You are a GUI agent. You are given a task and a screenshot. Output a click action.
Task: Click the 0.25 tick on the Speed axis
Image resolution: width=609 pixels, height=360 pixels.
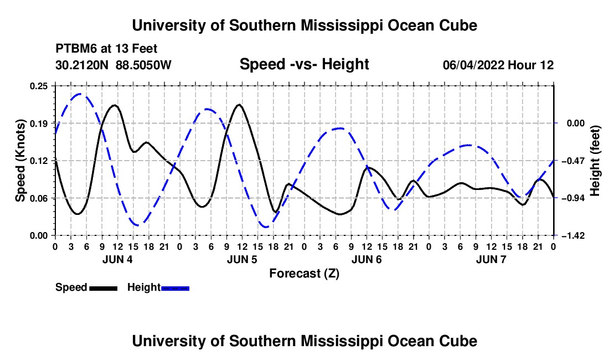pyautogui.click(x=39, y=86)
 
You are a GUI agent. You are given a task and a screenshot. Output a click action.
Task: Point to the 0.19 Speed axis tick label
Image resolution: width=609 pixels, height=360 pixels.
pyautogui.click(x=39, y=124)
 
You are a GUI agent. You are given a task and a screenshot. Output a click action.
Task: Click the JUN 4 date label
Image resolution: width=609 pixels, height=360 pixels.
pyautogui.click(x=117, y=259)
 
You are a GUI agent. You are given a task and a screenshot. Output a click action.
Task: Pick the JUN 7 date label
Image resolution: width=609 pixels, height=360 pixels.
pyautogui.click(x=491, y=259)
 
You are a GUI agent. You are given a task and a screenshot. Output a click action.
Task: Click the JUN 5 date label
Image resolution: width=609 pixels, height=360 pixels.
pyautogui.click(x=242, y=259)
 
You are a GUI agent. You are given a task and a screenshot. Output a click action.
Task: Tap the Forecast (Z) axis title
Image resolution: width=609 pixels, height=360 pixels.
pyautogui.click(x=304, y=274)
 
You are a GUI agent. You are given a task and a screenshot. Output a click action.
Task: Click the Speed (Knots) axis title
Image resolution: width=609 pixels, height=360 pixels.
pyautogui.click(x=20, y=161)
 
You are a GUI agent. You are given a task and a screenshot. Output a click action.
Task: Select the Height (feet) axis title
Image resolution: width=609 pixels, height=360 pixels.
pyautogui.click(x=595, y=161)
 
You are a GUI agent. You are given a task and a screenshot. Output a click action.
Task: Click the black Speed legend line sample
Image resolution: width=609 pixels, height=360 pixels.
pyautogui.click(x=103, y=288)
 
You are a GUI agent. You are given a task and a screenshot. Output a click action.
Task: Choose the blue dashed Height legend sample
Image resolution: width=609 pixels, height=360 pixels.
pyautogui.click(x=175, y=288)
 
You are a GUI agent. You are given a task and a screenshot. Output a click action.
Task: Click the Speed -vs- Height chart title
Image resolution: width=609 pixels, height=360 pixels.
pyautogui.click(x=304, y=64)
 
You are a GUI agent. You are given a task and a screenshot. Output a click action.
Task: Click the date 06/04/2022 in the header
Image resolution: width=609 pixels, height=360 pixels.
pyautogui.click(x=473, y=65)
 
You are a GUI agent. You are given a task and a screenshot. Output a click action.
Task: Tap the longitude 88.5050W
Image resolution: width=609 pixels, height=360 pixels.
pyautogui.click(x=143, y=65)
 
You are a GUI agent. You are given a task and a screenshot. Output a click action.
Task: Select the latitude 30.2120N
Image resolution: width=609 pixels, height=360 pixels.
pyautogui.click(x=82, y=65)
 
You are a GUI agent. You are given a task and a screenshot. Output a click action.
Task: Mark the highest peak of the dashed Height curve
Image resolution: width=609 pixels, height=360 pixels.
pyautogui.click(x=80, y=94)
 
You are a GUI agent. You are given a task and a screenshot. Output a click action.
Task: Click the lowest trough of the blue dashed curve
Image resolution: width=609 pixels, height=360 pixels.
pyautogui.click(x=266, y=227)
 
